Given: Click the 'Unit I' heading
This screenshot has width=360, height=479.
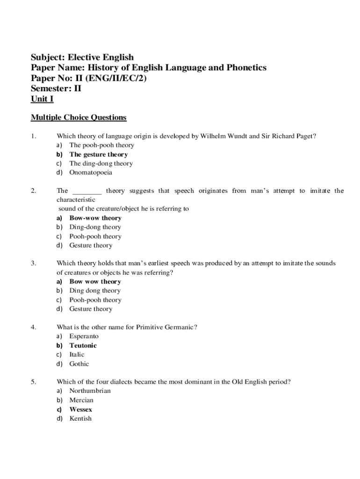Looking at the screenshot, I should tap(42, 99).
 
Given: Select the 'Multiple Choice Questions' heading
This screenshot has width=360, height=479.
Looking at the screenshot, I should tap(79, 117).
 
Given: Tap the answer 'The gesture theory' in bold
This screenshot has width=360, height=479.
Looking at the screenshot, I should tap(98, 154).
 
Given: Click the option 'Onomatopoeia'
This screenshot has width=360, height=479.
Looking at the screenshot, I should tap(91, 173).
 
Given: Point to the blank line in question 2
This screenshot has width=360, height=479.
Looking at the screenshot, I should tap(87, 191).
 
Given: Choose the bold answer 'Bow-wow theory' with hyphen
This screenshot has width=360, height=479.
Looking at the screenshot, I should tap(95, 218).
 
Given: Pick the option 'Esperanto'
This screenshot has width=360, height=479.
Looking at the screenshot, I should tap(84, 336).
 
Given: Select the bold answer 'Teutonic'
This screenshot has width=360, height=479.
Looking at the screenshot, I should tap(83, 346).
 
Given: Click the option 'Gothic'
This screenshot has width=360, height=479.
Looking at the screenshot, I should tap(79, 364).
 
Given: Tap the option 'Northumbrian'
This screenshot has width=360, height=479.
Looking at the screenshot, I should tap(90, 391).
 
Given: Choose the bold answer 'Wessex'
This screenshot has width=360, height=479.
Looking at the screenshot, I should tap(80, 410).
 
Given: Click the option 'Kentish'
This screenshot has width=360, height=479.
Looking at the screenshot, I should tap(80, 419).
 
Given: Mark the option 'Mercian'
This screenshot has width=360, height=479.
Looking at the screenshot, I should tap(81, 400).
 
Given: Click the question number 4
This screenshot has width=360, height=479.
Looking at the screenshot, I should tap(33, 327).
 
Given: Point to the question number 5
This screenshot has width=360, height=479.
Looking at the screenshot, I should tap(33, 382).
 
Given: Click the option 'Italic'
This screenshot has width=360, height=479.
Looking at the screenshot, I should tap(77, 355).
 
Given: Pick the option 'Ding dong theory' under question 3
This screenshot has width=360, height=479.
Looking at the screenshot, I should tap(94, 291).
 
